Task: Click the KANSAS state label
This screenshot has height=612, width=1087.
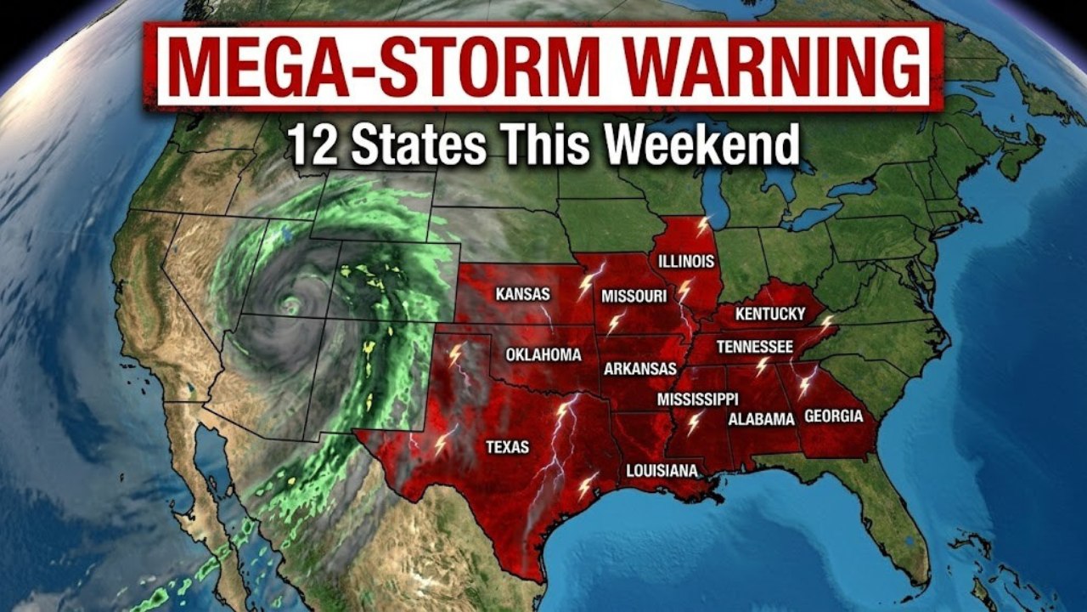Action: [x=522, y=294]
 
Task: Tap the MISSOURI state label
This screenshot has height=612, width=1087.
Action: [x=634, y=296]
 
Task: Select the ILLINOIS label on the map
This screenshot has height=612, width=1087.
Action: [x=686, y=261]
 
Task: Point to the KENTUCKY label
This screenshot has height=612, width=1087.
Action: [x=770, y=314]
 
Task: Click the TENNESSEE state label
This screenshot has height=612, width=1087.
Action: [x=755, y=347]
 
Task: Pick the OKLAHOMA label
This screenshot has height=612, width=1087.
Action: [x=543, y=354]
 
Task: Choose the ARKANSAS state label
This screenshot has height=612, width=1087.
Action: [x=640, y=369]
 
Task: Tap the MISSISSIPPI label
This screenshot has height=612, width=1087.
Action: [x=698, y=399]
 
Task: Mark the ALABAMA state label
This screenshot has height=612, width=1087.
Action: [x=762, y=419]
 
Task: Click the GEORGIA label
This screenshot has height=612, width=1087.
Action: [x=833, y=416]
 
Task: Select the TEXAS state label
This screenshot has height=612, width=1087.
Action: [x=507, y=446]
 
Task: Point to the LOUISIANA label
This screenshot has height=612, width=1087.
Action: [x=662, y=470]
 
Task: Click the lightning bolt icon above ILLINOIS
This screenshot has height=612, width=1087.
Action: [x=702, y=226]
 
